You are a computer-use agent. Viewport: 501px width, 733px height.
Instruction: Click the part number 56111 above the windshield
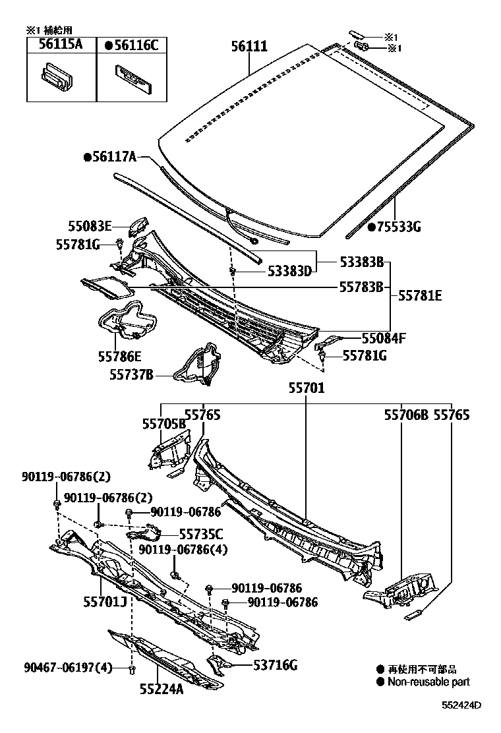pyautogui.click(x=249, y=46)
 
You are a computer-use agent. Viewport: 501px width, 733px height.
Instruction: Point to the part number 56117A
pyautogui.click(x=110, y=157)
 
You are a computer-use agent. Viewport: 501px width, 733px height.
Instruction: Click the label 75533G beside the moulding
pyautogui.click(x=394, y=227)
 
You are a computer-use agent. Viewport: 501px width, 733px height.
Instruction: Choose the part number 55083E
pyautogui.click(x=90, y=225)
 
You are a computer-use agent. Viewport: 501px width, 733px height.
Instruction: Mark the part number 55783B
pyautogui.click(x=361, y=287)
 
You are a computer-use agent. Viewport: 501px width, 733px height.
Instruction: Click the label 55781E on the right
pyautogui.click(x=420, y=296)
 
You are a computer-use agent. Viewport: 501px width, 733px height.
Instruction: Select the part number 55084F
pyautogui.click(x=383, y=339)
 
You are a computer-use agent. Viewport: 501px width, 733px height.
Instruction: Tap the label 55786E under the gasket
pyautogui.click(x=120, y=357)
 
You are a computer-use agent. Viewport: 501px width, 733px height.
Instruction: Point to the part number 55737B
pyautogui.click(x=131, y=374)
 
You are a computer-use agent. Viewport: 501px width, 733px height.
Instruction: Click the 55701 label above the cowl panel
pyautogui.click(x=305, y=388)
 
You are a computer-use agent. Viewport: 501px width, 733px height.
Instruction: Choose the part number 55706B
pyautogui.click(x=406, y=415)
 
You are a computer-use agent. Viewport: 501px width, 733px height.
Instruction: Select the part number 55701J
pyautogui.click(x=105, y=601)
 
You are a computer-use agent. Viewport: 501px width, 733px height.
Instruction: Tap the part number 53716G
pyautogui.click(x=275, y=666)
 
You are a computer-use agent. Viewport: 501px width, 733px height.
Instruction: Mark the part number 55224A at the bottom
pyautogui.click(x=161, y=689)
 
